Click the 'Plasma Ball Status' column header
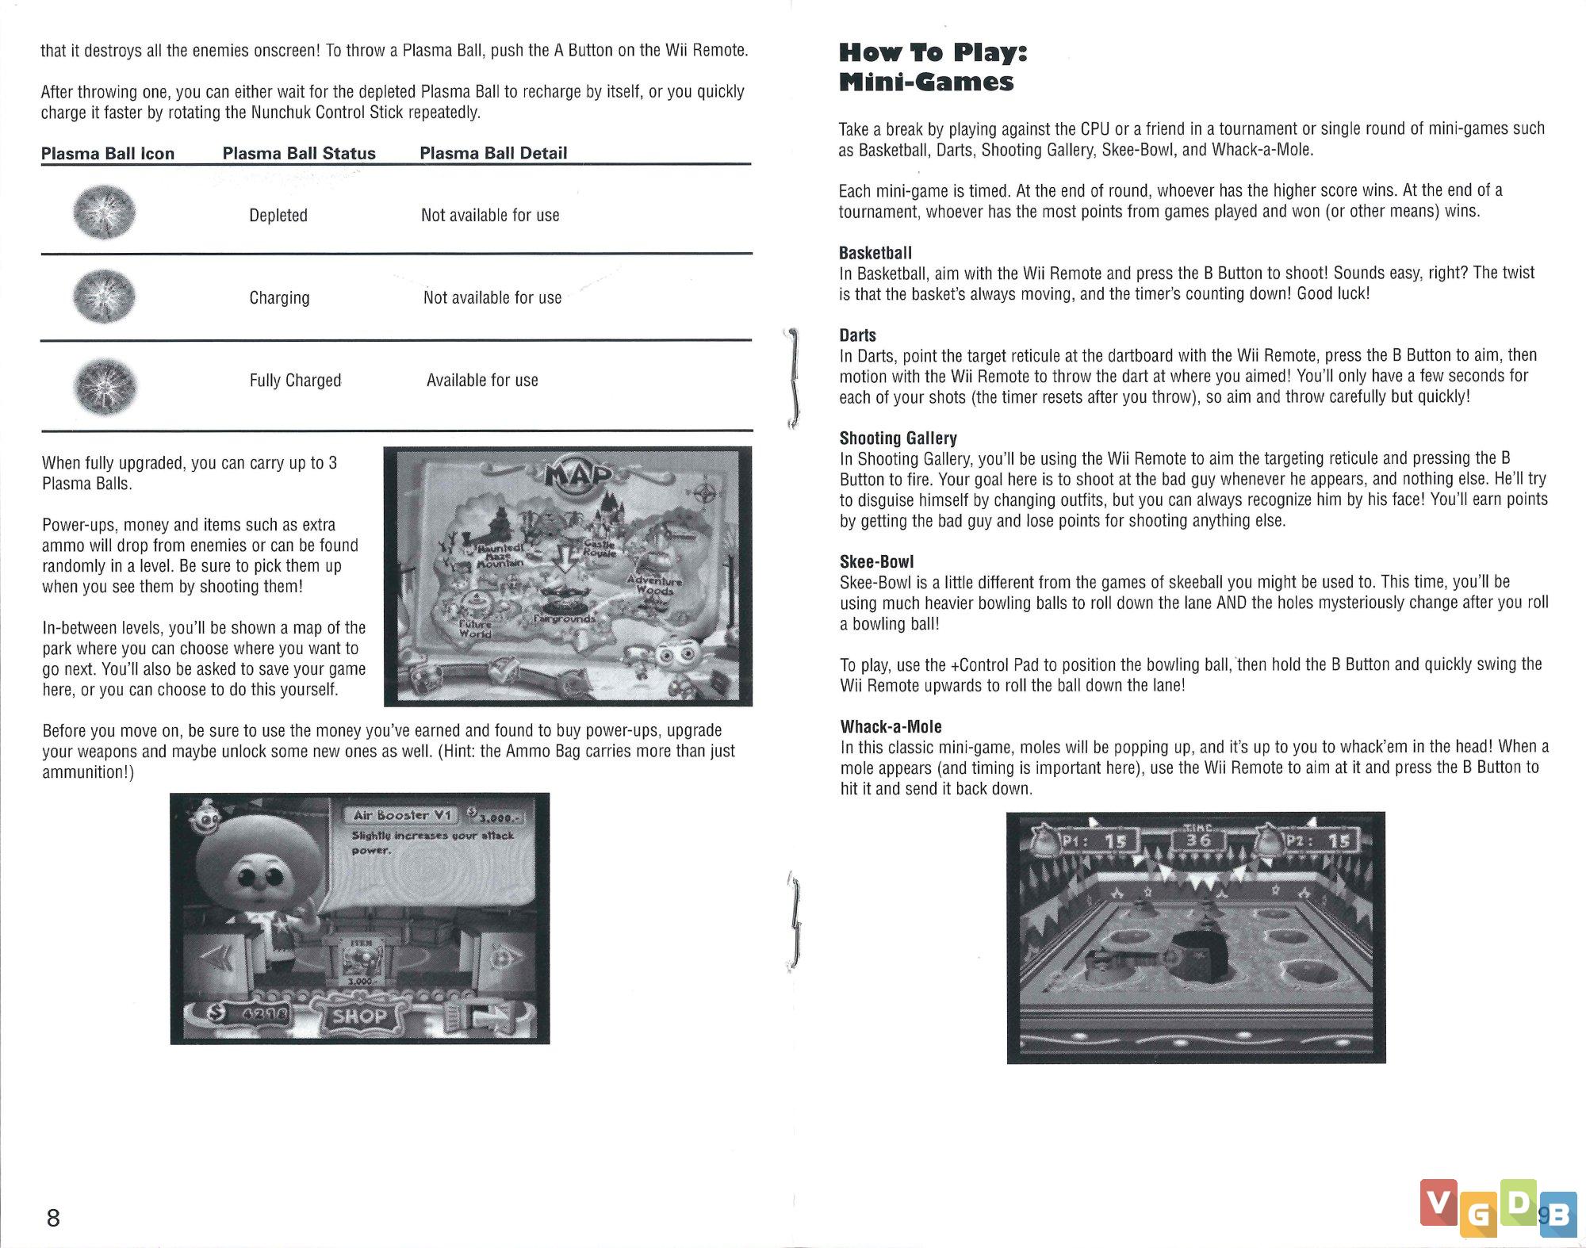tap(299, 153)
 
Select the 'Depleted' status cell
tap(278, 216)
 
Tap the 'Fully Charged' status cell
tap(295, 381)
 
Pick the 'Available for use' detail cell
tap(482, 381)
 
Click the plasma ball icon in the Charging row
tap(105, 297)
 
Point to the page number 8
tap(53, 1217)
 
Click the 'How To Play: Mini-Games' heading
tap(933, 67)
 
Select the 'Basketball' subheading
tap(875, 253)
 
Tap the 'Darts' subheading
tap(857, 335)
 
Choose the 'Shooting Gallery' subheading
tap(898, 438)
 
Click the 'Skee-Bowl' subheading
tap(876, 562)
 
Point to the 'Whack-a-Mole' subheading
tap(891, 727)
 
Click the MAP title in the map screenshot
tap(579, 475)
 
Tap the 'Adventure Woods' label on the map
tap(654, 585)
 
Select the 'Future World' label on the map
tap(476, 629)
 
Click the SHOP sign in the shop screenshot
tap(359, 1016)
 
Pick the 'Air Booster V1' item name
tap(402, 815)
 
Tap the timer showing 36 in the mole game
tap(1197, 839)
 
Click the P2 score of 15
tap(1339, 841)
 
